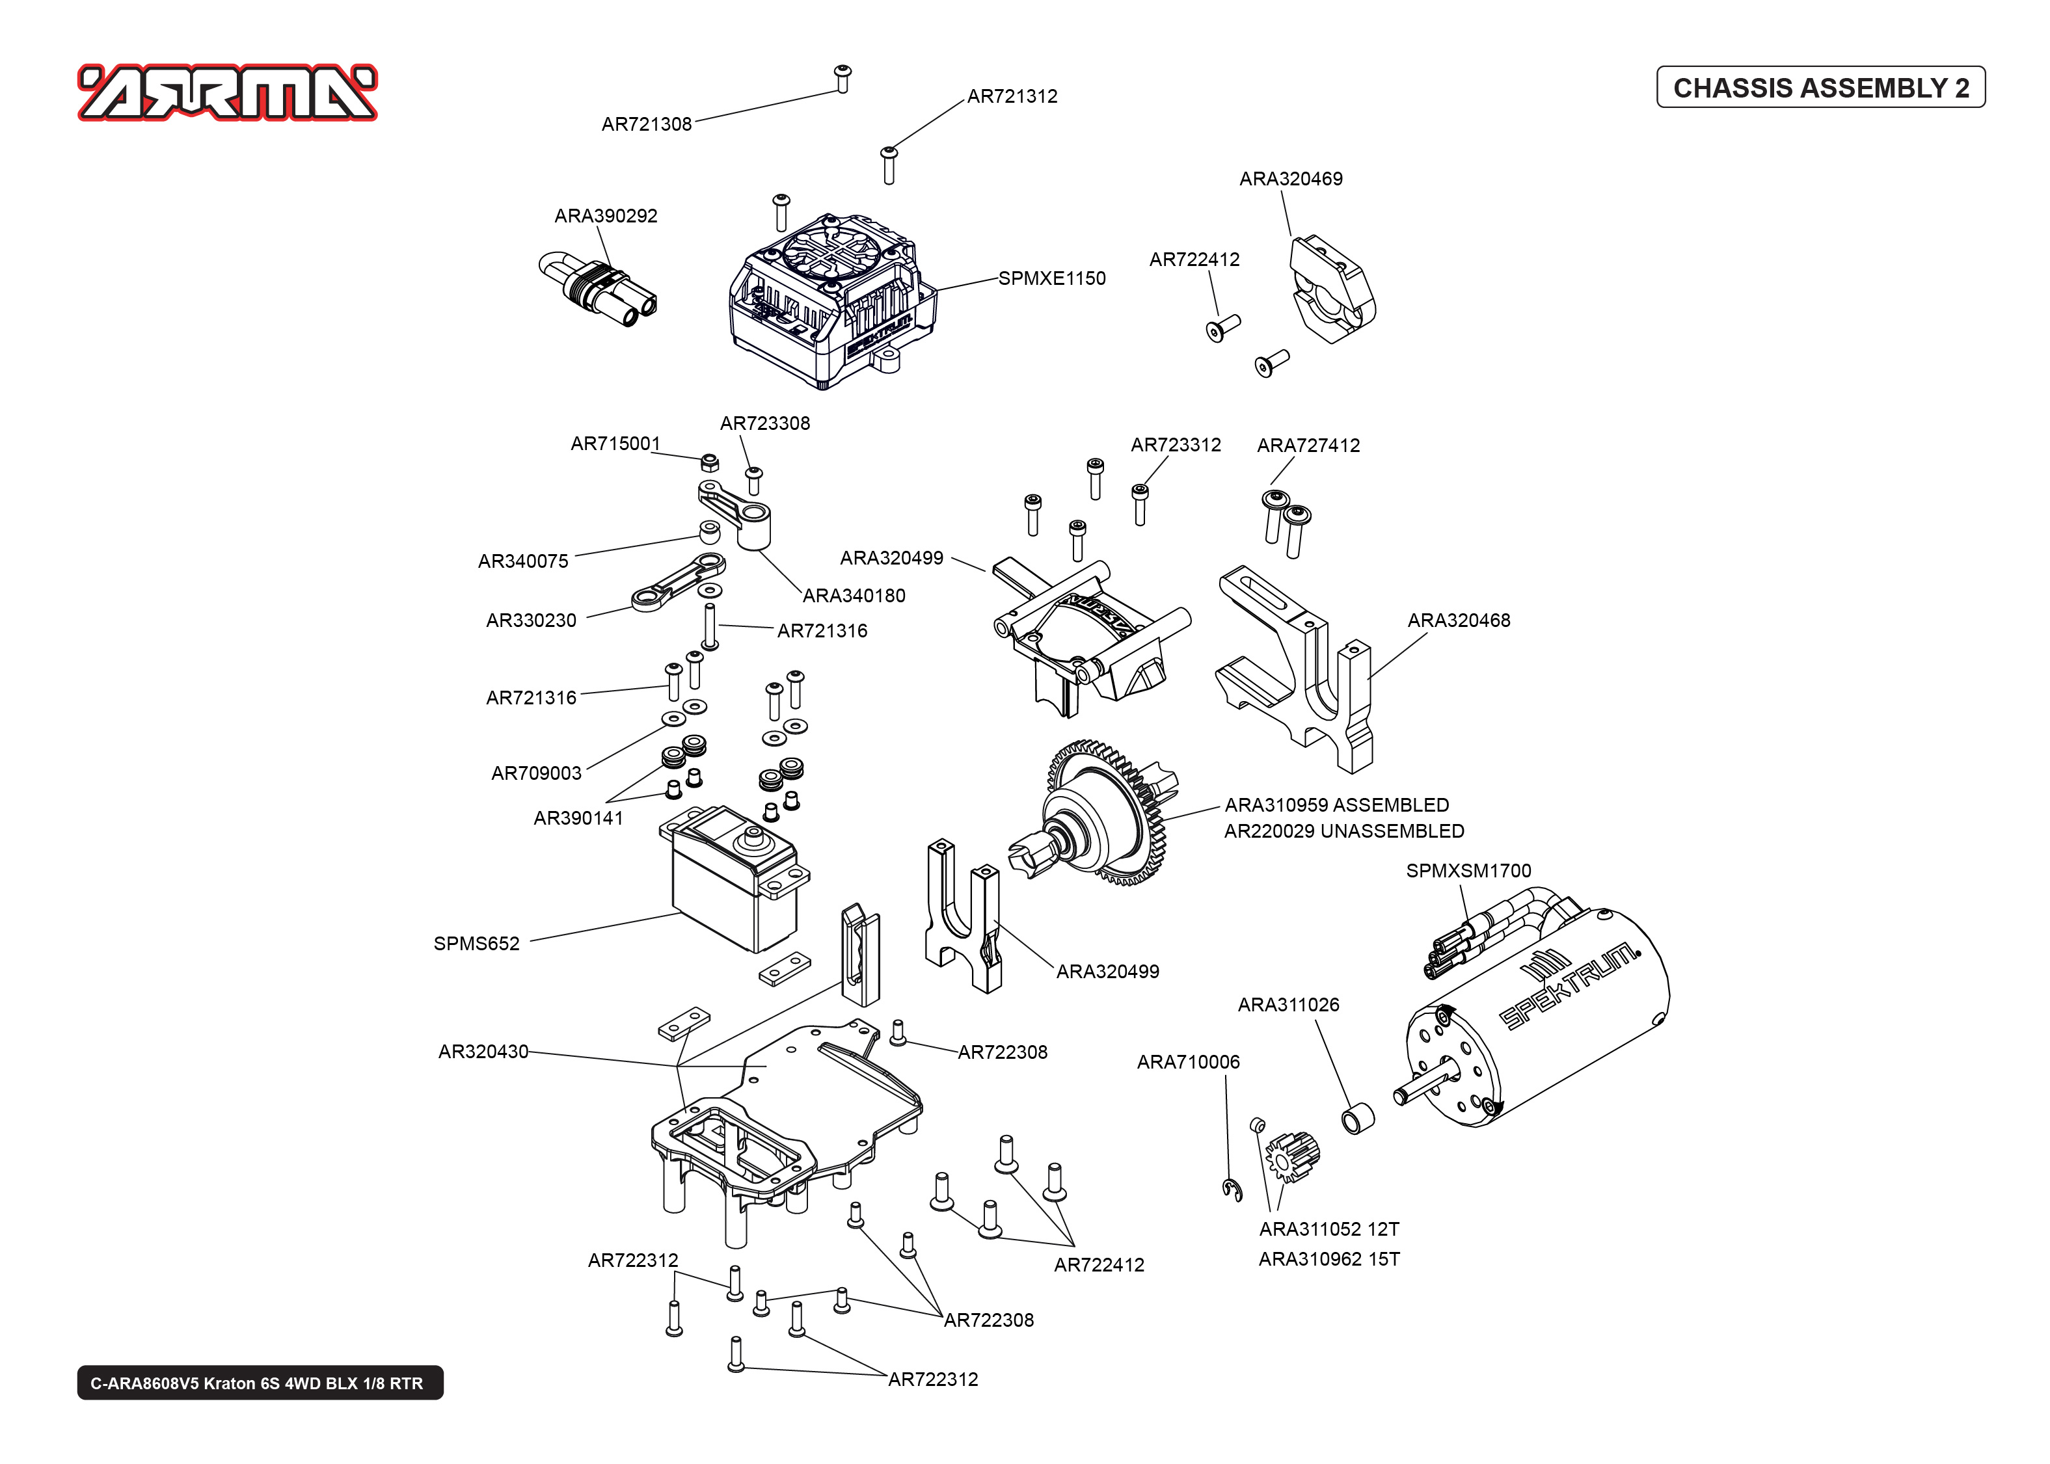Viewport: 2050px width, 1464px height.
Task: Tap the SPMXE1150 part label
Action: pyautogui.click(x=1051, y=278)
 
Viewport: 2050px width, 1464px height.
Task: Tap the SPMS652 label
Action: pyautogui.click(x=476, y=944)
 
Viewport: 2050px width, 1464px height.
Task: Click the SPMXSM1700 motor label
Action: pyautogui.click(x=1468, y=871)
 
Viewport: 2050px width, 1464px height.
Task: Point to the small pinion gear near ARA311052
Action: pyautogui.click(x=1292, y=1156)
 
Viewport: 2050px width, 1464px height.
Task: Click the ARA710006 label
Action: pyautogui.click(x=1187, y=1063)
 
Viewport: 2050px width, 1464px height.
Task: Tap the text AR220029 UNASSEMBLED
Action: pyautogui.click(x=1343, y=831)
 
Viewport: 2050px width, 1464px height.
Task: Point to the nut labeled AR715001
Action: pyautogui.click(x=708, y=462)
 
